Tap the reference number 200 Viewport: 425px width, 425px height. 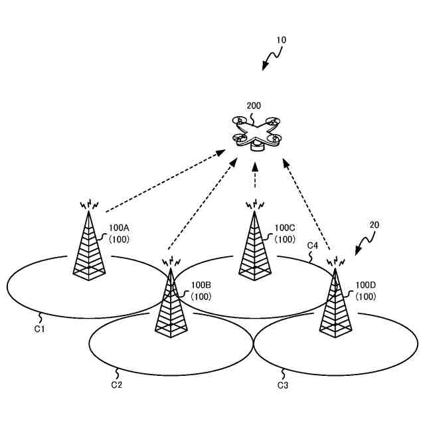(x=254, y=106)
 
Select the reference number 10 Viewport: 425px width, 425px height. (x=281, y=40)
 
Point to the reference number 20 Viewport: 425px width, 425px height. (x=374, y=225)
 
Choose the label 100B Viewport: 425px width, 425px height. (x=201, y=286)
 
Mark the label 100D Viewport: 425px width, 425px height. (x=366, y=286)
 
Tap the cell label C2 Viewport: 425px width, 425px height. (x=116, y=384)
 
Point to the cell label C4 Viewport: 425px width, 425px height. (x=312, y=246)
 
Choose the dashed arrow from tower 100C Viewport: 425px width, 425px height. (x=255, y=178)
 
